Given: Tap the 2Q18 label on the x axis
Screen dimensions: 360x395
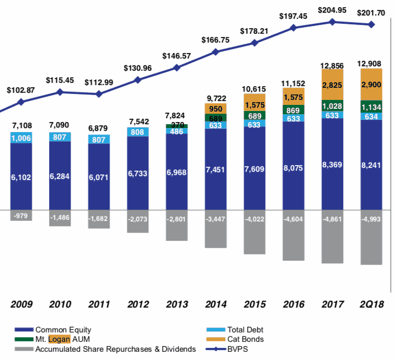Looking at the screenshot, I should coord(371,304).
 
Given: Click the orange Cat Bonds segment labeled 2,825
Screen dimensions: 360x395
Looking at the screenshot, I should coord(333,84).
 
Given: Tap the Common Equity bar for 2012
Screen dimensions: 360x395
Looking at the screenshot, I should coord(138,173).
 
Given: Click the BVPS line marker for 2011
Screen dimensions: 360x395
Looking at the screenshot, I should coord(99,94).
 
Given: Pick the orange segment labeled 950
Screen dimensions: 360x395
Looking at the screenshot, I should coord(216,108).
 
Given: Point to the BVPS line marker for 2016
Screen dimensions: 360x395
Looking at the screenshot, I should coord(293,28).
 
